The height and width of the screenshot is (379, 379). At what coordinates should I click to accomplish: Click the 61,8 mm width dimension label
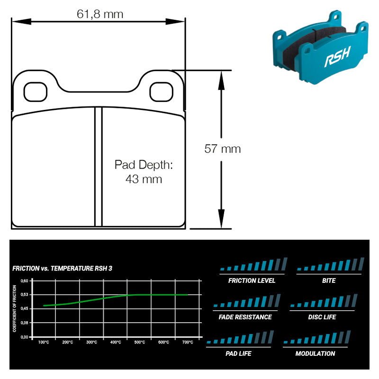tap(100, 14)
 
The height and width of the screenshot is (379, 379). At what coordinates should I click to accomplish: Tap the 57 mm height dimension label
tap(223, 149)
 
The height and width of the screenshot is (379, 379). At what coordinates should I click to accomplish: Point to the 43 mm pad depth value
tap(144, 179)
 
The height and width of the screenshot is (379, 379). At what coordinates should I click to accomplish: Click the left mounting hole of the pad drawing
tap(35, 92)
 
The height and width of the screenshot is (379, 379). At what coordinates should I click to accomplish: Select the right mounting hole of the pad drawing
tap(161, 92)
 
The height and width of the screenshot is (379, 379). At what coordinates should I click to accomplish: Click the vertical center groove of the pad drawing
tap(99, 167)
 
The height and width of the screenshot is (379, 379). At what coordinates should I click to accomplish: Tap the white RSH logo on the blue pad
tap(337, 57)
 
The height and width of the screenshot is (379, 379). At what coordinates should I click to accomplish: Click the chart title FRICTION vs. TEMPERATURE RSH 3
tap(63, 269)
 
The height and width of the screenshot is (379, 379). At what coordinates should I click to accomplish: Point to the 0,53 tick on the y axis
tap(25, 295)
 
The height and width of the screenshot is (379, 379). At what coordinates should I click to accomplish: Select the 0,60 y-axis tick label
tap(25, 281)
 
